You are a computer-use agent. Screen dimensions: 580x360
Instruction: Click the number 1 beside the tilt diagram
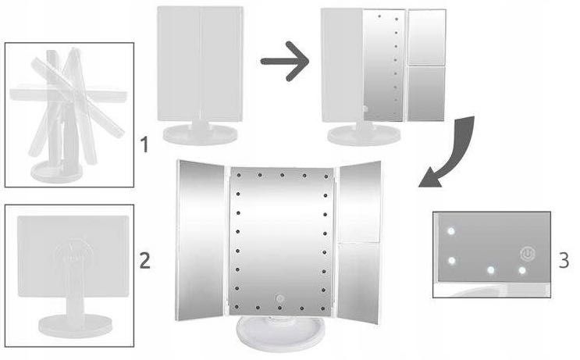tap(144, 144)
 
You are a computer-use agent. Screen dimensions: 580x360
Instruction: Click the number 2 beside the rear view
tap(145, 261)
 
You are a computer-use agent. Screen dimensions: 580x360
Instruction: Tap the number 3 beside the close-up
tap(564, 260)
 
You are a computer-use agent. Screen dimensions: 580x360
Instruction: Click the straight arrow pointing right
tap(284, 61)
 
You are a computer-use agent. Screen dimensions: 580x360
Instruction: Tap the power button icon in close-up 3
tap(528, 254)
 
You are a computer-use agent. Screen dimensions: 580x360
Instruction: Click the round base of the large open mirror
tap(281, 333)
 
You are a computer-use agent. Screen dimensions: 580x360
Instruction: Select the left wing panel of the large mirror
tap(201, 241)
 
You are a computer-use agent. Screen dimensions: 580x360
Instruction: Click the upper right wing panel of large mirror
tap(360, 201)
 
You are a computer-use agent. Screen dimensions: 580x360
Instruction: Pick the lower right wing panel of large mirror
tap(358, 283)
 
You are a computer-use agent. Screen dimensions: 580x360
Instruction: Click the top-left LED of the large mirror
tap(239, 175)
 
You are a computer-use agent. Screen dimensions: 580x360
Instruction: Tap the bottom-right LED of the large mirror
tap(323, 308)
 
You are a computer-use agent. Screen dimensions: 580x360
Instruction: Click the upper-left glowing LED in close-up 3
tap(451, 232)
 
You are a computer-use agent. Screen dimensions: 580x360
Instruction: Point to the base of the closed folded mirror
tap(200, 134)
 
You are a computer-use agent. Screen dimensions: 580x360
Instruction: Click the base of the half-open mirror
tap(364, 135)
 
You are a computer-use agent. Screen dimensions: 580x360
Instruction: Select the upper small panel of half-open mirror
tap(426, 37)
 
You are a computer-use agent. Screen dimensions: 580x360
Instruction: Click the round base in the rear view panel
tap(76, 326)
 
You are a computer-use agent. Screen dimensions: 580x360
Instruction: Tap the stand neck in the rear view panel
tap(76, 292)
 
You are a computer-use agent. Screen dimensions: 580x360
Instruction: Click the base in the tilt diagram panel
tap(57, 171)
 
